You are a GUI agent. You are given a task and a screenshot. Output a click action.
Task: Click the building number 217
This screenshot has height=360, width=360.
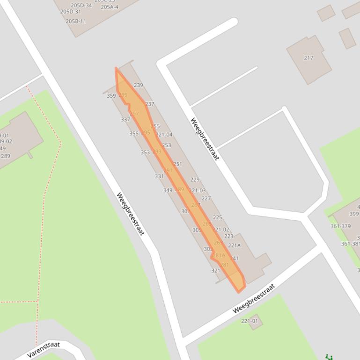tap(309, 58)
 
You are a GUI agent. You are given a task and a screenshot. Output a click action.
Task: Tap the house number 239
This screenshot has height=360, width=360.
tap(138, 85)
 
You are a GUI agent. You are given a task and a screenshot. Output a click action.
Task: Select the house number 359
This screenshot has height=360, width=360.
tap(111, 96)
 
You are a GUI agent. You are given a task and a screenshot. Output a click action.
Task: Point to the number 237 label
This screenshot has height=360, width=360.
tap(149, 104)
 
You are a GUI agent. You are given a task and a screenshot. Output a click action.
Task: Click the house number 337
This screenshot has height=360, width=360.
tap(125, 120)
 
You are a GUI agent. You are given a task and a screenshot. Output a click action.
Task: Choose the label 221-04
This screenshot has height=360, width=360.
tap(164, 135)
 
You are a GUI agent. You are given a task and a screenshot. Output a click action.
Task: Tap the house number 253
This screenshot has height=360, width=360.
tap(166, 145)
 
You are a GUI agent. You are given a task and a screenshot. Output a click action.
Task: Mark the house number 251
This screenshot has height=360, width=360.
tap(177, 164)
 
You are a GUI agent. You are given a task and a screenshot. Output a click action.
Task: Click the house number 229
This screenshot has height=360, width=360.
tap(195, 180)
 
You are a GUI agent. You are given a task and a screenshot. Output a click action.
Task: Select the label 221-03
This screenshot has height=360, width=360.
tap(197, 190)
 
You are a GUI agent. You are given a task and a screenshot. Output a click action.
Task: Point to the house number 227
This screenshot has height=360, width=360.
tap(206, 199)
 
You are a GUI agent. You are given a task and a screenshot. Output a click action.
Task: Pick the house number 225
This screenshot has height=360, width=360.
tap(218, 217)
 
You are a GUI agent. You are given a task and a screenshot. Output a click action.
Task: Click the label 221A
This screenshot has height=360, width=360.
tap(234, 245)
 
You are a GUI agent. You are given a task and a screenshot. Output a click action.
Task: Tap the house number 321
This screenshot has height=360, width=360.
tap(215, 271)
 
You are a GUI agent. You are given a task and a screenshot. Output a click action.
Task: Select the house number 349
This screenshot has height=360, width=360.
tap(168, 190)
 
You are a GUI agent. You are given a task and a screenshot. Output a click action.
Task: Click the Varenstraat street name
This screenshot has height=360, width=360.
tap(44, 350)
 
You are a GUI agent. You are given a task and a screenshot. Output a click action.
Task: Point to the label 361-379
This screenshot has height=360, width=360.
tap(340, 226)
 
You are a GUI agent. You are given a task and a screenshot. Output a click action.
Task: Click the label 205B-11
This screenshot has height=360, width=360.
tap(76, 22)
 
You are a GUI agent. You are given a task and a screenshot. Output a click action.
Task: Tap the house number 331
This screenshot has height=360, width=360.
tap(159, 176)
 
